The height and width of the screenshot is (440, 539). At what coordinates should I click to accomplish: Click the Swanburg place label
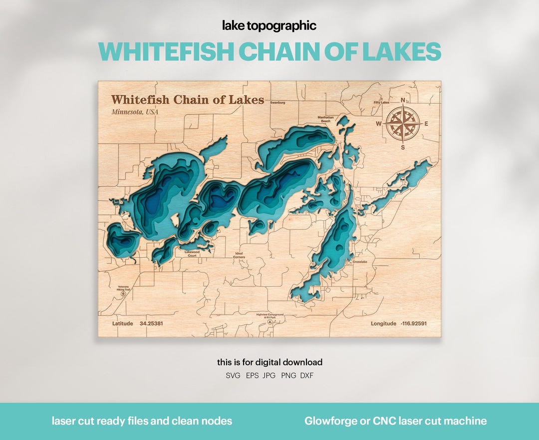coord(277,102)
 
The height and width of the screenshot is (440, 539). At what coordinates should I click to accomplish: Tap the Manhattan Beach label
coord(325,119)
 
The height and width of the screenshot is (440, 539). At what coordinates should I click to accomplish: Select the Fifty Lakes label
coord(381,102)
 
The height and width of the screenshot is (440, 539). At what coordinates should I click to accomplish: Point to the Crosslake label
coord(359,262)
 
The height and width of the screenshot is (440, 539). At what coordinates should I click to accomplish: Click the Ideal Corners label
coord(240,255)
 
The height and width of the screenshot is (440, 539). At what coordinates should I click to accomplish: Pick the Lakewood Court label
coord(192,254)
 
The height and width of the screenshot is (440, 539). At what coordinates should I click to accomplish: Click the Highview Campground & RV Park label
coord(270,316)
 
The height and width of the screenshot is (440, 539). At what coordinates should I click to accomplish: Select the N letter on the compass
coord(403,99)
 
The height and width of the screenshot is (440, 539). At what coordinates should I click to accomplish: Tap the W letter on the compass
coord(379,124)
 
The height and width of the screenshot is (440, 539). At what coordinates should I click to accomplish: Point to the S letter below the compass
coord(403,147)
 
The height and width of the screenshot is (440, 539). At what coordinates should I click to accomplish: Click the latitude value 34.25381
coord(151,324)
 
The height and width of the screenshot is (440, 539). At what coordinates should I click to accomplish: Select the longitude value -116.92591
coord(413,324)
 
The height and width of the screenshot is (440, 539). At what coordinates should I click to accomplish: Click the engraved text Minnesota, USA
coord(135,112)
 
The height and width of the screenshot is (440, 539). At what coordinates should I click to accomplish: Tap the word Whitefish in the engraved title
coord(141,100)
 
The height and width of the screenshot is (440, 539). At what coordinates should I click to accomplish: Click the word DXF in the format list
coord(307,376)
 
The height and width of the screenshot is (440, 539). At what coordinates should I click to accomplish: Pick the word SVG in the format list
coord(233,376)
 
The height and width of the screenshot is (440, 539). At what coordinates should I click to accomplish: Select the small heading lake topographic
coord(269,26)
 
